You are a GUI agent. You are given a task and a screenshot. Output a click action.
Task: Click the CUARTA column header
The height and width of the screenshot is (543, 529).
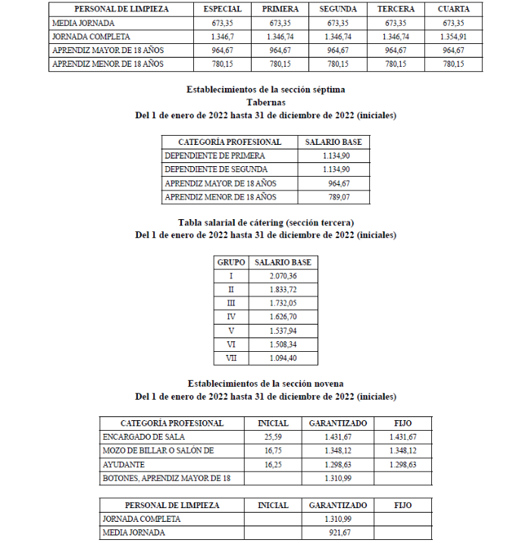click(453, 9)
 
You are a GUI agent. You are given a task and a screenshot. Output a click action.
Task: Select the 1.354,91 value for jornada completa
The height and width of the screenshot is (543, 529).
click(453, 36)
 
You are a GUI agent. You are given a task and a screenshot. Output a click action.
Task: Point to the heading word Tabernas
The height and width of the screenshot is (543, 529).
click(265, 102)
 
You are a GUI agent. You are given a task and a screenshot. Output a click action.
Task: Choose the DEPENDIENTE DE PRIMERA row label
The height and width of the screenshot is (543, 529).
click(205, 155)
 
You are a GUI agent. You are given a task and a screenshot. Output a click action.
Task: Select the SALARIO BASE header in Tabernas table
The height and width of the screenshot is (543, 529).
click(333, 142)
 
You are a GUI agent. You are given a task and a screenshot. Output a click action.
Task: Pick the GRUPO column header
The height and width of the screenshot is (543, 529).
click(231, 262)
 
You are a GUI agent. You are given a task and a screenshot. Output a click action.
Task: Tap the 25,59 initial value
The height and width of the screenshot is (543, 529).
click(273, 438)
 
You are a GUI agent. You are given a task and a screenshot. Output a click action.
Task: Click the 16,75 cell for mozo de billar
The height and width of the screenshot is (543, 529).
click(273, 451)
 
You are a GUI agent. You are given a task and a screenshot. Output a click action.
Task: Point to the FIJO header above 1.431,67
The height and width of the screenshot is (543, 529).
click(402, 423)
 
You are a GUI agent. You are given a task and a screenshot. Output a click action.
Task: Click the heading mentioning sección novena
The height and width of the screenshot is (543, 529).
click(265, 384)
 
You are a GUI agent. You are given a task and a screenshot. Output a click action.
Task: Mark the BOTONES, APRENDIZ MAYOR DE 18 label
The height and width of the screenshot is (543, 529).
click(166, 479)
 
